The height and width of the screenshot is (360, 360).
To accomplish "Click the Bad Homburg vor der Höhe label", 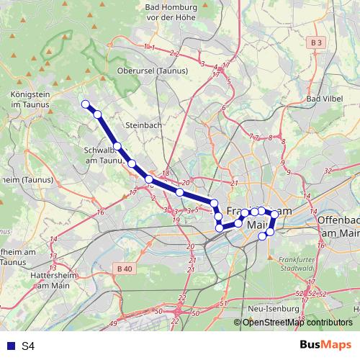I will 171,12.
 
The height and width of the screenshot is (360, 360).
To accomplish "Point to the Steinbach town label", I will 140,125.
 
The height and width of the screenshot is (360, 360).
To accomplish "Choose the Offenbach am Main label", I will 338,227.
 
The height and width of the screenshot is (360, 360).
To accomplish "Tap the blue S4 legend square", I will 10,346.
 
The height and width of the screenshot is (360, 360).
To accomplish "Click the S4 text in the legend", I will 27,346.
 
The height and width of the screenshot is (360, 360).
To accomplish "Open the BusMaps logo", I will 325,345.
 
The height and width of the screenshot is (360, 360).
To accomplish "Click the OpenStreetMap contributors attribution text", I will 297,323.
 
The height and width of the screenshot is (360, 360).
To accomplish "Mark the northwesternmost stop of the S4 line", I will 86,104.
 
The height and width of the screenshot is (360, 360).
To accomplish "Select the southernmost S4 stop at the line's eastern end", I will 263,235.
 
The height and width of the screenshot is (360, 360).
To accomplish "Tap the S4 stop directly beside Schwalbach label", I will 117,146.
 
